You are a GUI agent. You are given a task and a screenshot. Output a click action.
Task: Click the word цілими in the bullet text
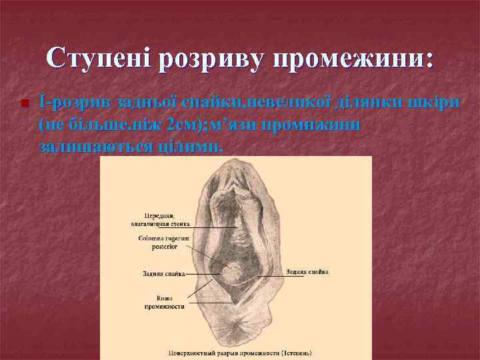pos(197,146)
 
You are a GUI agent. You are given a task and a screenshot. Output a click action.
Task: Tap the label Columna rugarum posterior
pos(163,242)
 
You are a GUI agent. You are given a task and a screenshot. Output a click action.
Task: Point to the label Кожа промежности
pos(164,303)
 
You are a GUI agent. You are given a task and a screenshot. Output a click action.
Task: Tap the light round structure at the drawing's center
pos(233,274)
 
